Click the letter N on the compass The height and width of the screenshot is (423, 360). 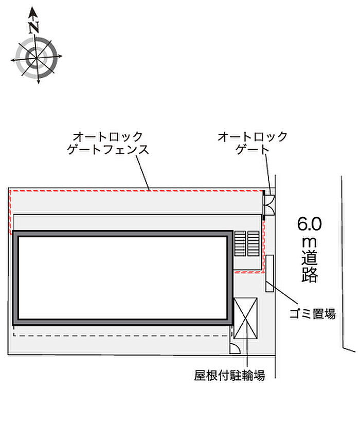click(34, 27)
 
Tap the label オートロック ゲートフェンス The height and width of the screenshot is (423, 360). click(108, 144)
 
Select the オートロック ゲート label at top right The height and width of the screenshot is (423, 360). click(253, 144)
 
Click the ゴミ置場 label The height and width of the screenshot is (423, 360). click(312, 313)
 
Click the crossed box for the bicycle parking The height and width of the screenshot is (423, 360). click(246, 319)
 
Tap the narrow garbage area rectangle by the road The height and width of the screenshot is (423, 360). click(270, 274)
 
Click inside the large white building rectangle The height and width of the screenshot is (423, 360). click(122, 278)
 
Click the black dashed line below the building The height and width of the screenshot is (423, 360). click(118, 335)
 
